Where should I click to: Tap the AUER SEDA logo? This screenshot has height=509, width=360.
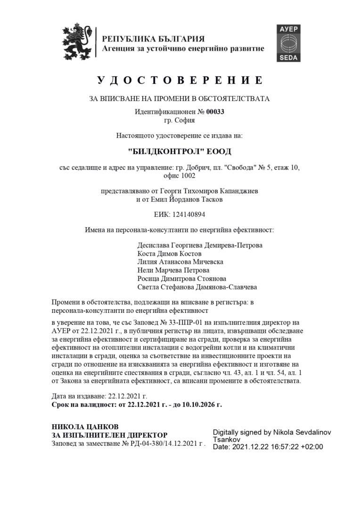pyautogui.click(x=288, y=43)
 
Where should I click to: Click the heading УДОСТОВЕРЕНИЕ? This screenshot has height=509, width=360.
pyautogui.click(x=180, y=80)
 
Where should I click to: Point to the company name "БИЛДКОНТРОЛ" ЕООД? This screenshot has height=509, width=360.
pyautogui.click(x=180, y=152)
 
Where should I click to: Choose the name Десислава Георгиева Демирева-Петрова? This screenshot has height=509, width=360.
pyautogui.click(x=200, y=246)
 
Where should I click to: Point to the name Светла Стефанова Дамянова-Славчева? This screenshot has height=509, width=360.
pyautogui.click(x=197, y=287)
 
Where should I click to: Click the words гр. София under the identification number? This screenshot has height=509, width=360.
pyautogui.click(x=180, y=120)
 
